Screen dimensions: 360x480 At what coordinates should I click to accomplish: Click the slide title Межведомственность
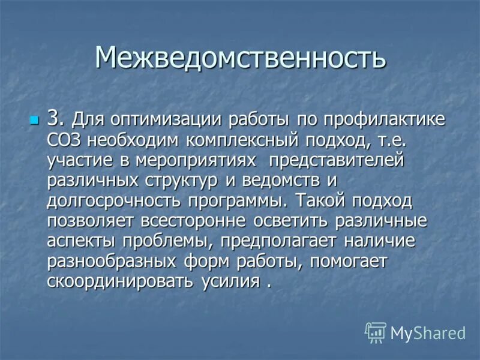coord(240,58)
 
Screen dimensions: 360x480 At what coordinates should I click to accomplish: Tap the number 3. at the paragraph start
coord(55,118)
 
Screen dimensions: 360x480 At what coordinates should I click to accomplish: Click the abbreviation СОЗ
coord(64,140)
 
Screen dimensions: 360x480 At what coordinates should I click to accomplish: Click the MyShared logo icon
coord(376,332)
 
